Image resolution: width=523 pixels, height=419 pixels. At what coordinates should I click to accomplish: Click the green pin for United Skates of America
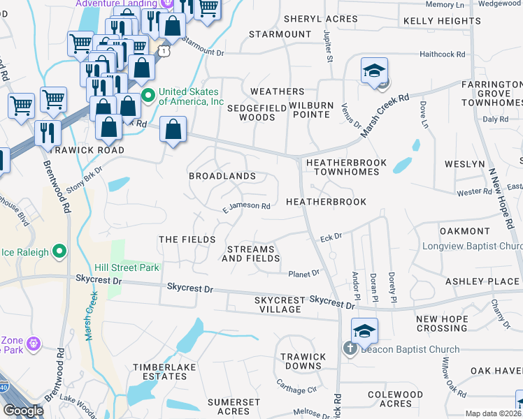148,95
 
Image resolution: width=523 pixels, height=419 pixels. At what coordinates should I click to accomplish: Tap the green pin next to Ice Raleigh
59,250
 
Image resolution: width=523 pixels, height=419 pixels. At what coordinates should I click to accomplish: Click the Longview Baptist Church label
472,247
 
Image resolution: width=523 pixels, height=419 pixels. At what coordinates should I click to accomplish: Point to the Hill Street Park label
127,267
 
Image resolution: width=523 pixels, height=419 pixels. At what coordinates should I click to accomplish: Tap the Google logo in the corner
23,411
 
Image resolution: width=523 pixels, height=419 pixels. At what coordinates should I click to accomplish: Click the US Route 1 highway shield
164,51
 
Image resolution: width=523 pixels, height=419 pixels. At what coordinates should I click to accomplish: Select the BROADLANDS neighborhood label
222,177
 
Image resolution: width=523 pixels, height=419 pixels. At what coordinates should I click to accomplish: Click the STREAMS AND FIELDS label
252,253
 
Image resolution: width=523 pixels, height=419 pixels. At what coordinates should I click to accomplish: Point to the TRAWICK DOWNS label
303,362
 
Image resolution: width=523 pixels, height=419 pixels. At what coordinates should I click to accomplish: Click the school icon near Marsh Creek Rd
374,71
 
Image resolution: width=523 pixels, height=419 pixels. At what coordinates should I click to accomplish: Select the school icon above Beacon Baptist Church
364,330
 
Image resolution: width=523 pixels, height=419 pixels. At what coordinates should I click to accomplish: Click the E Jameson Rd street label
246,206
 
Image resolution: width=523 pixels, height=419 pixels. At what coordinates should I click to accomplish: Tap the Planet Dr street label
304,273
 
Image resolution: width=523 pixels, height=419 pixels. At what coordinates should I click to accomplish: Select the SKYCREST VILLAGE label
280,304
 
